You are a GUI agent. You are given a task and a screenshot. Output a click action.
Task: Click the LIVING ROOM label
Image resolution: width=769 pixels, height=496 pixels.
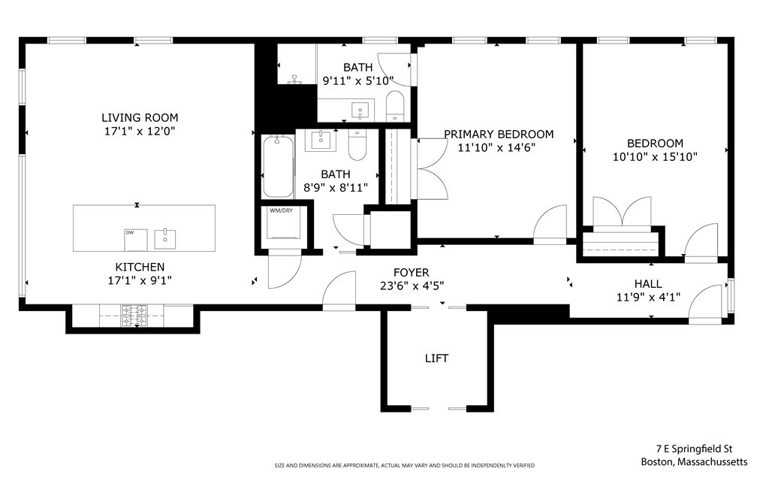tap(140, 117)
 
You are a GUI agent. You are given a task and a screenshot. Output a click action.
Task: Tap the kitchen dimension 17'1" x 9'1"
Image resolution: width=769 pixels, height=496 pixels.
tap(140, 282)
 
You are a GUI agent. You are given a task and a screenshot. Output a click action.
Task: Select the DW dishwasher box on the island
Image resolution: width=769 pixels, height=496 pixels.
tap(136, 239)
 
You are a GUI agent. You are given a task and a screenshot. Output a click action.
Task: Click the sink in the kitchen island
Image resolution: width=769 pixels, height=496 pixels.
tap(165, 239)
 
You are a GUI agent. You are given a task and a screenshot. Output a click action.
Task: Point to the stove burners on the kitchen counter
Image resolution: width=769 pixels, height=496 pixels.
tap(134, 316)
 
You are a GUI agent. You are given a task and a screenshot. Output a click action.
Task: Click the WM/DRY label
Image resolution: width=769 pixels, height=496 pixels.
tap(282, 210)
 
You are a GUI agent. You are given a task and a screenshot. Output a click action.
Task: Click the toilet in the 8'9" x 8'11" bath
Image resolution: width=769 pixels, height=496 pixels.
tap(357, 144)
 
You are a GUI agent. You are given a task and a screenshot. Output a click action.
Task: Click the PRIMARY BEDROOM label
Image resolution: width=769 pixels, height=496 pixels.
tap(499, 134)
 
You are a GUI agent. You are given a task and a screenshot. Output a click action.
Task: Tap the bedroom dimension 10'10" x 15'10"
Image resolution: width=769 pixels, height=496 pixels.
tap(655, 157)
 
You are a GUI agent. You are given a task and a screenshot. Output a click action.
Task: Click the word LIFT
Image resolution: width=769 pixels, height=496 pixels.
tap(436, 358)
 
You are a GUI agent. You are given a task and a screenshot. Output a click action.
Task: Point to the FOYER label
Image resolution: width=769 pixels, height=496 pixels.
tap(411, 272)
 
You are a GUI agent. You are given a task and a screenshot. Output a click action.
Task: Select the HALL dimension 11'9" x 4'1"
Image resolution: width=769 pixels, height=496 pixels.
tap(647, 298)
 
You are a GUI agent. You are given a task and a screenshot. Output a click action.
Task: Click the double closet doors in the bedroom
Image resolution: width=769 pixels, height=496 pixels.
tap(622, 212)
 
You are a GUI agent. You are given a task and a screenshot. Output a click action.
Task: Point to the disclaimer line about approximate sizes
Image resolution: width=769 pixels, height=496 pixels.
tap(404, 466)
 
